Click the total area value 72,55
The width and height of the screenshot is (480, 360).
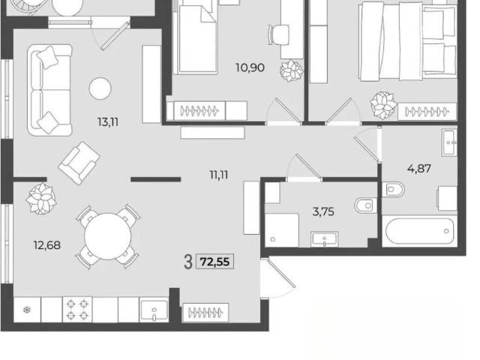tap(214, 262)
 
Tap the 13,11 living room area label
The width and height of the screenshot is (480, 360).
tap(108, 122)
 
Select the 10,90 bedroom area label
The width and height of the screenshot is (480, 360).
tap(250, 67)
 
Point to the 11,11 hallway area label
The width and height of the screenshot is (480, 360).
tap(219, 175)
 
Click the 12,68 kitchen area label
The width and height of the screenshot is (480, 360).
tap(47, 245)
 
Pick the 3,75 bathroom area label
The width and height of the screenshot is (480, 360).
tap(323, 211)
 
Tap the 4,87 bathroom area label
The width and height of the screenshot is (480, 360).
tap(419, 168)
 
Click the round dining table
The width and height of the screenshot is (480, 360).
tap(108, 236)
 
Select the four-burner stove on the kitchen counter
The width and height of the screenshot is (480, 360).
tap(77, 309)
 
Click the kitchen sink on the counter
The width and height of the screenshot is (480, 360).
tap(154, 310)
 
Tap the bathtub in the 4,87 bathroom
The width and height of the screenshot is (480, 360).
tap(420, 231)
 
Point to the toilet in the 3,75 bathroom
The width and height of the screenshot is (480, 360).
tap(366, 205)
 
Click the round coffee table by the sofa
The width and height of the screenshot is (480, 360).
tap(100, 88)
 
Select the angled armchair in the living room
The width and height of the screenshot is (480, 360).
tap(79, 163)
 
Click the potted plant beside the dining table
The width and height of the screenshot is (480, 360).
tap(41, 198)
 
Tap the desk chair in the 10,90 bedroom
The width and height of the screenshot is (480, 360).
tap(279, 34)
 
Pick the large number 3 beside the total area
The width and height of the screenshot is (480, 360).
tap(188, 262)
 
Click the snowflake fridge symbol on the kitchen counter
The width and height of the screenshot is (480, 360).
tap(27, 310)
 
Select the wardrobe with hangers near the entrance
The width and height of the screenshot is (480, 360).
tap(205, 313)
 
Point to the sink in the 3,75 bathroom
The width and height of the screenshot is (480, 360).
tap(325, 239)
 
